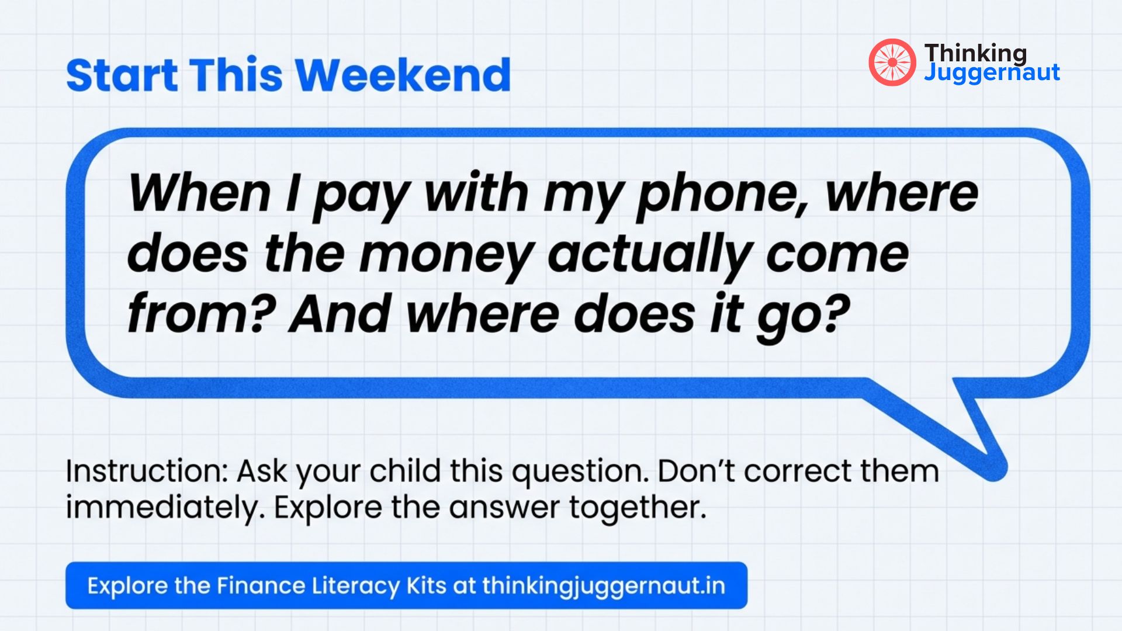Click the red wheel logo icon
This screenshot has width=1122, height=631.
(892, 63)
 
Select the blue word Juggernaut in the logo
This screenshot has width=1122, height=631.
(992, 73)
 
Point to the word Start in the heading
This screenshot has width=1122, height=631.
(122, 75)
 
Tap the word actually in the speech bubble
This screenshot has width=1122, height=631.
(649, 255)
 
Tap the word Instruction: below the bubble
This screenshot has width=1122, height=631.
(146, 471)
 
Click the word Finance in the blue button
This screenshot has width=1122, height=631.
(261, 585)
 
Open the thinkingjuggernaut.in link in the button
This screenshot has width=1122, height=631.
(604, 585)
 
